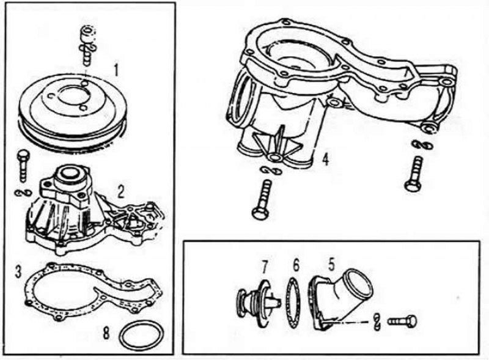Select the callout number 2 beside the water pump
click(120, 191)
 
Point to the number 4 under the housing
click(326, 160)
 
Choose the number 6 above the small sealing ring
click(296, 265)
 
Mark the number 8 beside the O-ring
click(106, 333)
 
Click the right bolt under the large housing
click(414, 172)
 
